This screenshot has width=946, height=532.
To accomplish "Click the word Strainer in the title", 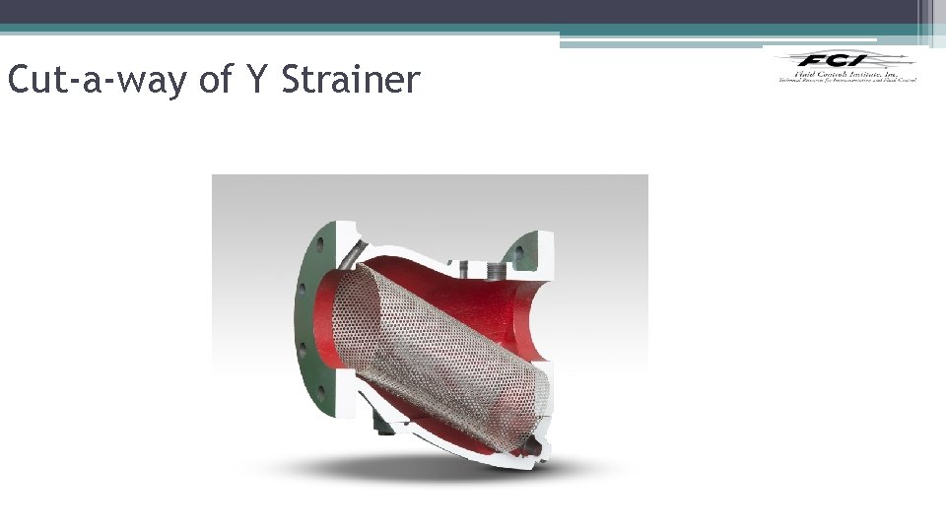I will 350,80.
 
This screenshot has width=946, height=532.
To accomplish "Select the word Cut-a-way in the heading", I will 97,80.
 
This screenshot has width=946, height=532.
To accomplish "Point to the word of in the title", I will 215,80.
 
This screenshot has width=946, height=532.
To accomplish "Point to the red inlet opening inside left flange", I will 330,325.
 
